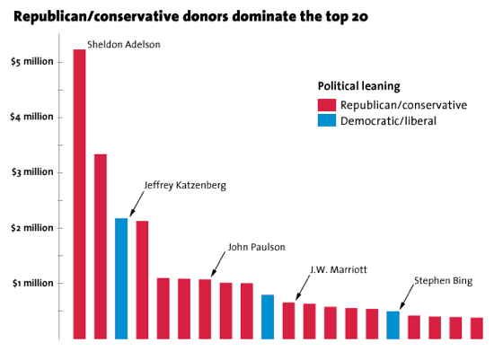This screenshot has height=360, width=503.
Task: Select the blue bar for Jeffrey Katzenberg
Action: point(121,278)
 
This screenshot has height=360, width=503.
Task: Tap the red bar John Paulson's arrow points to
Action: point(205,309)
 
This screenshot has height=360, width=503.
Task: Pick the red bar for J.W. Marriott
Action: point(288,320)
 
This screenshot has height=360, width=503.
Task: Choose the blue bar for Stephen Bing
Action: point(393,325)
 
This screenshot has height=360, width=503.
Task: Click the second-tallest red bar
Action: point(101,247)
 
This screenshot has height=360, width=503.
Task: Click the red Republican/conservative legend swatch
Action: point(325,105)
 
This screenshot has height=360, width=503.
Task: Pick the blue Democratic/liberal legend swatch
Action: point(325,120)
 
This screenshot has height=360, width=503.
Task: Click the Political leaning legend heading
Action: point(360,85)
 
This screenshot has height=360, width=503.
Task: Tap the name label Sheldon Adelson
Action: point(124,43)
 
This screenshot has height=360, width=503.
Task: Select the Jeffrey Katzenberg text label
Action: point(185,185)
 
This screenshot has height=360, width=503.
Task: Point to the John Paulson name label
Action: point(256,246)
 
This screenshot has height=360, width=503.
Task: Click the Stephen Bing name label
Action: point(442,281)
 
